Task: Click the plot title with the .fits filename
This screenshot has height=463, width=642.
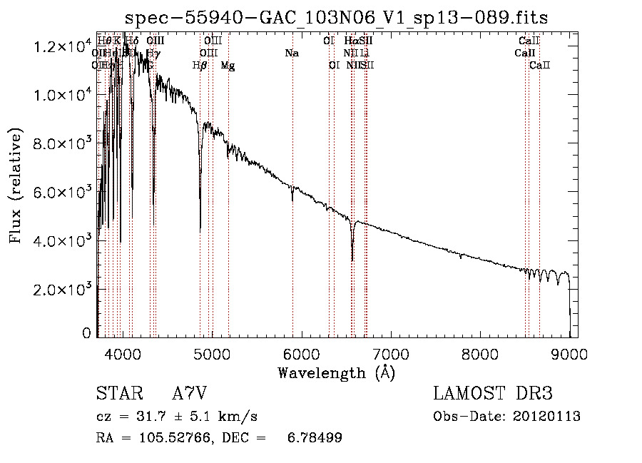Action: (x=337, y=17)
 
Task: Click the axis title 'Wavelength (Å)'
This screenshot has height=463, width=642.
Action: (x=337, y=372)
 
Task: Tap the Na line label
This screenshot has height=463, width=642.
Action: (x=291, y=53)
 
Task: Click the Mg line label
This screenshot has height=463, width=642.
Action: (x=228, y=66)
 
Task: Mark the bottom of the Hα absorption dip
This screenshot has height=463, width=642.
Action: (x=352, y=260)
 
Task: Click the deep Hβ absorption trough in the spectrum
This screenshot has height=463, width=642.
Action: (x=200, y=228)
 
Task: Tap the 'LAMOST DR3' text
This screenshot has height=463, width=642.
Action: (x=493, y=395)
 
